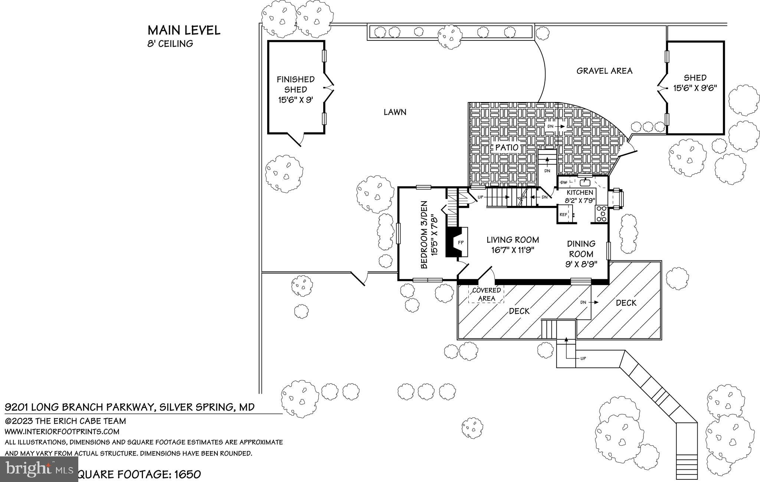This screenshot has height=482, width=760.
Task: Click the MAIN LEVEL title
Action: [x=184, y=30]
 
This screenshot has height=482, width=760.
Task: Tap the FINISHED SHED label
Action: [x=295, y=84]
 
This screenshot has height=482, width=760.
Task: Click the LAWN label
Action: [x=395, y=112]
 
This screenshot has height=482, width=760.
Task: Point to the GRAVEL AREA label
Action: [x=604, y=71]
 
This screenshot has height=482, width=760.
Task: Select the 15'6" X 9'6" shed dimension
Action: [x=695, y=88]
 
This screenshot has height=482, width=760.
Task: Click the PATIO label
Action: [x=507, y=147]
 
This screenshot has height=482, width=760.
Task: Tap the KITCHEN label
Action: [x=580, y=193]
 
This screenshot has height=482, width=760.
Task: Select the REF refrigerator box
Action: [x=563, y=214]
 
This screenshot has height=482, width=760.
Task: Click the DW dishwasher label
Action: [x=564, y=182]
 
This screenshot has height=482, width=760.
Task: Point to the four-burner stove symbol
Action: [x=601, y=214]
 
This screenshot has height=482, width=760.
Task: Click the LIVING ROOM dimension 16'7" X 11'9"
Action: [x=512, y=250]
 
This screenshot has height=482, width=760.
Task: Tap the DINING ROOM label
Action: [x=581, y=249]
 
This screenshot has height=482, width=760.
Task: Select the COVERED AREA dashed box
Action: [x=486, y=294]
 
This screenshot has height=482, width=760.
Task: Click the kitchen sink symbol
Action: [x=585, y=182]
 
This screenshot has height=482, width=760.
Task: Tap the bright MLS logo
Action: [x=39, y=469]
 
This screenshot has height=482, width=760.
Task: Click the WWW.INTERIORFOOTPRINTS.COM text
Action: [x=62, y=432]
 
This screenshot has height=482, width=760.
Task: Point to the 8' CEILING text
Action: [x=170, y=44]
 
